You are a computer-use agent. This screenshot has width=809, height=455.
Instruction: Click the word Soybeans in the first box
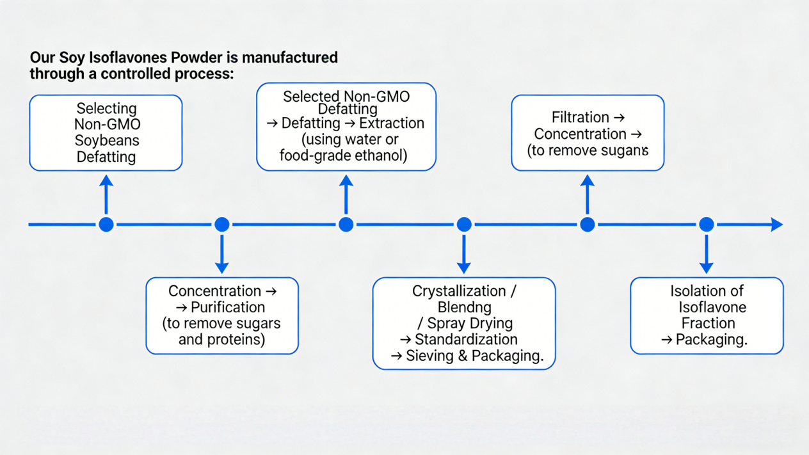[106, 141]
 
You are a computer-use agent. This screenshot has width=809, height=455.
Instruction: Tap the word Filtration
[580, 118]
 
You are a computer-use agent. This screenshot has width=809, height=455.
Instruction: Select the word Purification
[228, 307]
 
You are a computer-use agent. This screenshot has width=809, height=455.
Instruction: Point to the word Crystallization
[459, 291]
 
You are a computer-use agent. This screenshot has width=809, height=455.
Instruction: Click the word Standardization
[466, 340]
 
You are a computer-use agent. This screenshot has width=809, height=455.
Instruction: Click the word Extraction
[392, 124]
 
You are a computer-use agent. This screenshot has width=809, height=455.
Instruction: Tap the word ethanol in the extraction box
[379, 156]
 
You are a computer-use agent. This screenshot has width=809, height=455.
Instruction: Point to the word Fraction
[707, 323]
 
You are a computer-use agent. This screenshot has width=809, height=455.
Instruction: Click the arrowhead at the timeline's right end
[776, 225]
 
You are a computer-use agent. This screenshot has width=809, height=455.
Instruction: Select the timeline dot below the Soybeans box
[106, 225]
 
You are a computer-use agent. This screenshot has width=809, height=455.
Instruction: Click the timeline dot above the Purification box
[222, 225]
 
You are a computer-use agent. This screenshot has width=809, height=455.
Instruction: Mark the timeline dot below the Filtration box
[588, 225]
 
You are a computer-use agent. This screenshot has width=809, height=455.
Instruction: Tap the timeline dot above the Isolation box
[707, 225]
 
